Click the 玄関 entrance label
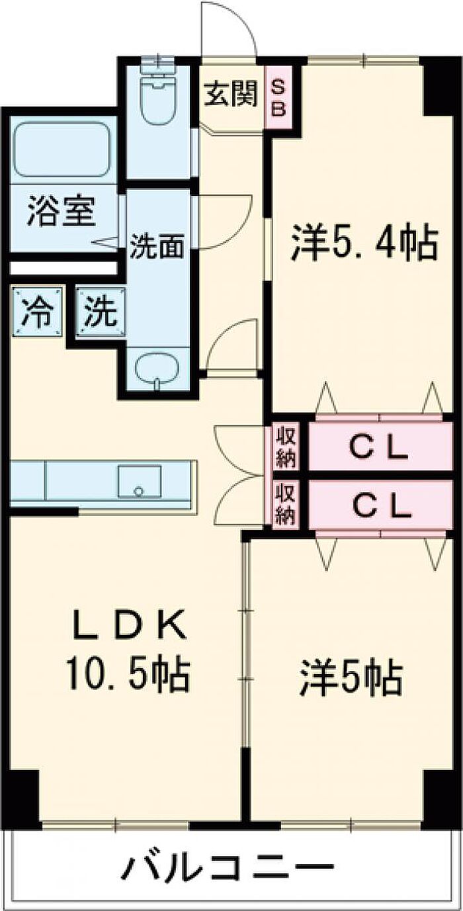click(x=231, y=94)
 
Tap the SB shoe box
click(x=278, y=97)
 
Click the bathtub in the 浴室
click(x=62, y=150)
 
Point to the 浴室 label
click(x=62, y=212)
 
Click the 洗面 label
click(x=157, y=247)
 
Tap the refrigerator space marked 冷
click(x=38, y=312)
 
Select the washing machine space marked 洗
click(x=101, y=312)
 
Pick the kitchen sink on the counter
click(x=140, y=482)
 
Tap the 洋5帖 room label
click(x=351, y=678)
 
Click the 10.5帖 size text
click(x=128, y=675)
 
